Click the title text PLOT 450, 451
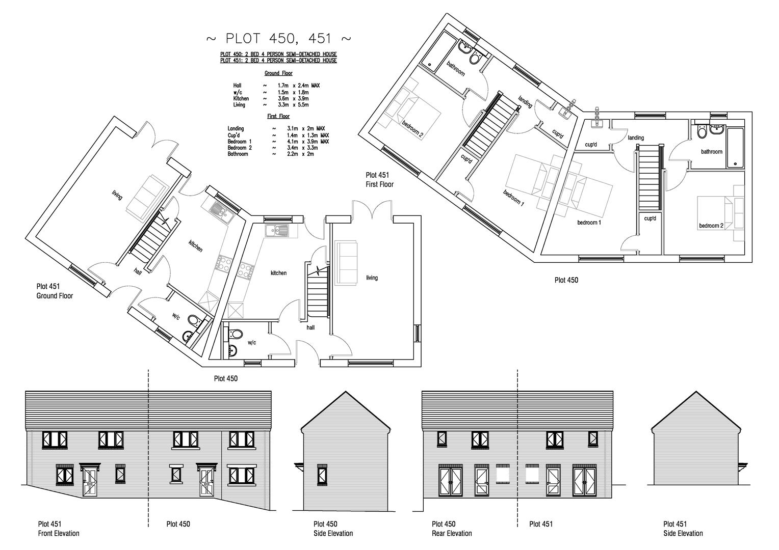coord(278,39)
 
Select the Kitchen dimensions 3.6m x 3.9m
coord(292,98)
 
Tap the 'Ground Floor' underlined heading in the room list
coord(278,73)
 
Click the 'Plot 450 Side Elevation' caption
coord(332,529)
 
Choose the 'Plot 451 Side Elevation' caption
coord(683,529)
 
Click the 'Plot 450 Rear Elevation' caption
coord(451,529)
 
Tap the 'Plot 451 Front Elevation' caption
coord(59,529)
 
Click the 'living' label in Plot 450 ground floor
coord(372,278)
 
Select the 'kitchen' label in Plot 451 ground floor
coord(195,246)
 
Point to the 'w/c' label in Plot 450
coord(251,343)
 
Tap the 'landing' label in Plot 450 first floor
coord(636,137)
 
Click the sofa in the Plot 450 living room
coord(346,262)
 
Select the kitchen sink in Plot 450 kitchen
coord(277,230)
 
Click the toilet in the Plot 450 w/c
coord(235,334)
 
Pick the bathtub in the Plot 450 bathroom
coord(735,148)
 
